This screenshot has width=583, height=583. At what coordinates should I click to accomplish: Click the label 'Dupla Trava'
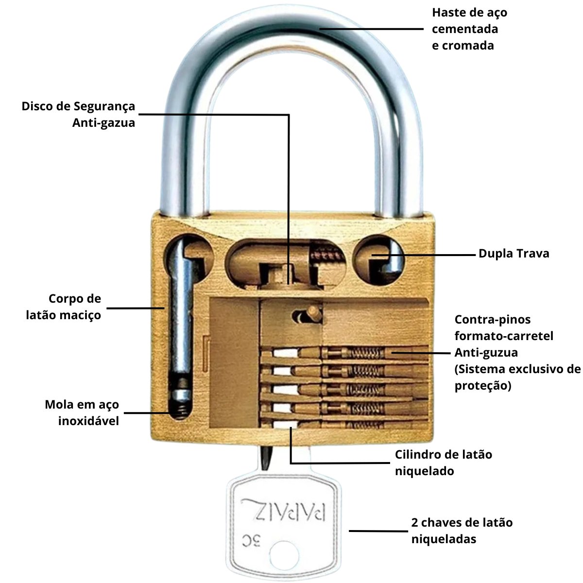[514, 254]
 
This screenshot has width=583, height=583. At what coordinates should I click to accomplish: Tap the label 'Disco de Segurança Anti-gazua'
[78, 115]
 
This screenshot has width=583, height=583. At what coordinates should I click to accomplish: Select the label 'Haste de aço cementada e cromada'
[464, 29]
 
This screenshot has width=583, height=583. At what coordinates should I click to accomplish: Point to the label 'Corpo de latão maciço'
[63, 307]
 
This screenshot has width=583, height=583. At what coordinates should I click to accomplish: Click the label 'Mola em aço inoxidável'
[82, 412]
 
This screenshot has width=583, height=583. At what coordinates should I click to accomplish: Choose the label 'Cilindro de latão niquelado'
[443, 463]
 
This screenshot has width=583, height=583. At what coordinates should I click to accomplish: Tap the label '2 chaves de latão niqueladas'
[462, 531]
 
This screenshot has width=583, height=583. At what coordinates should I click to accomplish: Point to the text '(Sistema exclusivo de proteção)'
[517, 377]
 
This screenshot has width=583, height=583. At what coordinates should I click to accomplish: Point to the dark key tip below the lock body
[266, 457]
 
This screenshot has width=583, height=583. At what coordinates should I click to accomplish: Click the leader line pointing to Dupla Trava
[428, 254]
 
